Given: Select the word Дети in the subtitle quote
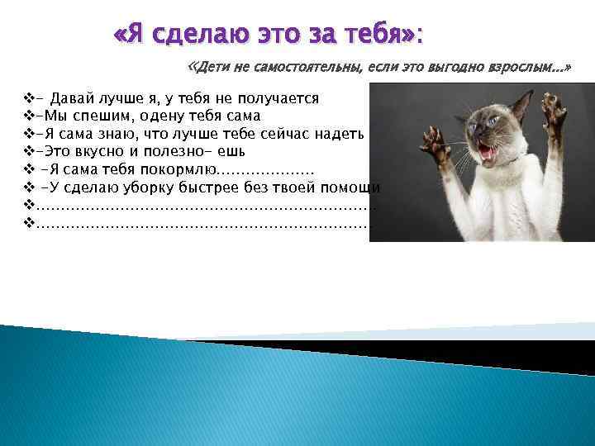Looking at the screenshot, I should [214, 66].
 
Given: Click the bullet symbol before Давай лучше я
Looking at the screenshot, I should [30, 98].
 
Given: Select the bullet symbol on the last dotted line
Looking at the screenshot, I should [30, 223].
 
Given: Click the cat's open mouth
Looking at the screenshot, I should [488, 154].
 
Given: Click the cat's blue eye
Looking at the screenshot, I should [494, 123].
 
